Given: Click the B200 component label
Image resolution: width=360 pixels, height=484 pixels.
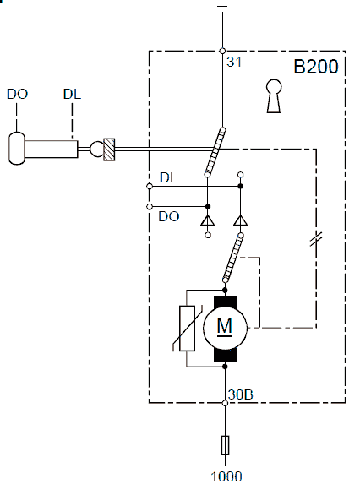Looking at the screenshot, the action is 315,67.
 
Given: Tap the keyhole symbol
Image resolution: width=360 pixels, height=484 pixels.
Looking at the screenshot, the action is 274,96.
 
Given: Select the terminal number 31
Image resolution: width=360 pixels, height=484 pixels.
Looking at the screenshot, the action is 234,62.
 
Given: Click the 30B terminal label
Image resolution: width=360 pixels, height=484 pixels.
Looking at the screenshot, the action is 241,394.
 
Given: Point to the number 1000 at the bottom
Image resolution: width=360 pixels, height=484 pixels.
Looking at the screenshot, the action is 226,476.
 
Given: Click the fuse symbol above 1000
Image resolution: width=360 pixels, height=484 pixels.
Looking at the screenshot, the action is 225,445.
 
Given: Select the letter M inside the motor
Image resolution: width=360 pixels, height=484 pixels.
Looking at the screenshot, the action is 225,326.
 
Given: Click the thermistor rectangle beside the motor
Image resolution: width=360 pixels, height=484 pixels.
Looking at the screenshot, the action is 187,328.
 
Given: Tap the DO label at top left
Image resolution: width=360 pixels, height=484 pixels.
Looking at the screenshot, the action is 17,94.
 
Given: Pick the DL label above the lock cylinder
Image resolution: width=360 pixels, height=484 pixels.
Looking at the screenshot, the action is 72,94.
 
